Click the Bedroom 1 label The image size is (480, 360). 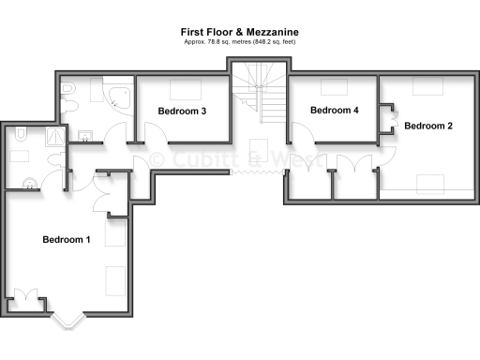pyautogui.click(x=67, y=240)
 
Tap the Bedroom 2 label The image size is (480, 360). pyautogui.click(x=428, y=126)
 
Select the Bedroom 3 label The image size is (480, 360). pyautogui.click(x=182, y=111)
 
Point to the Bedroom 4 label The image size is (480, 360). pyautogui.click(x=335, y=110)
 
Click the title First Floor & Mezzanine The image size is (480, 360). pyautogui.click(x=240, y=32)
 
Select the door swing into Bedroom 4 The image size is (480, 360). pyautogui.click(x=302, y=150)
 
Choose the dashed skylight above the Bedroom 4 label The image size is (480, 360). pyautogui.click(x=334, y=87)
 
